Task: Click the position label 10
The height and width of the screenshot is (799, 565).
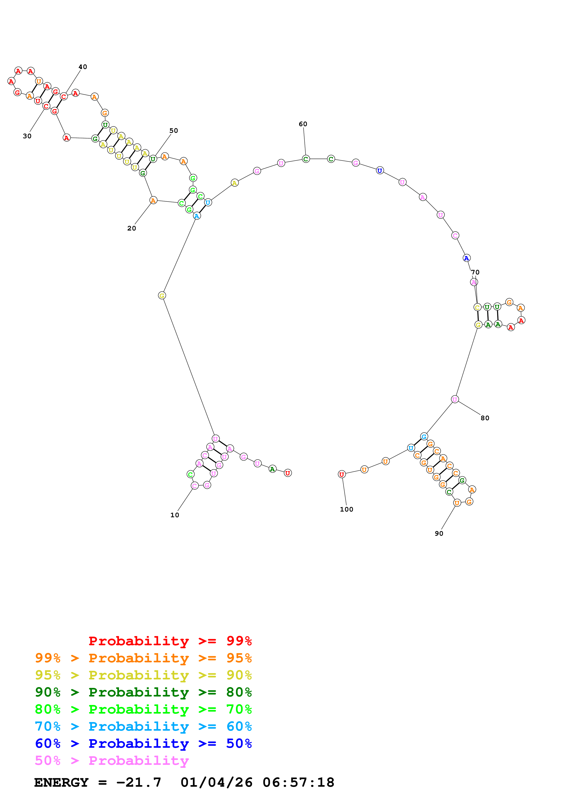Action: coord(174,515)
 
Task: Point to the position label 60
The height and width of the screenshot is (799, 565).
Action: coord(303,124)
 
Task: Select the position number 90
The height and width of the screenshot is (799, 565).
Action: coord(439,533)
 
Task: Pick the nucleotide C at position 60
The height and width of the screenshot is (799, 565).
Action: coord(306,159)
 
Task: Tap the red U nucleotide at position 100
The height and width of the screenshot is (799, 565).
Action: coord(342,474)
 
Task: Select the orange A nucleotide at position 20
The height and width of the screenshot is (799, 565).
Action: coord(153,200)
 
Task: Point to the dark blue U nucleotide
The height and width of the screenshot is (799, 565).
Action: coord(380,171)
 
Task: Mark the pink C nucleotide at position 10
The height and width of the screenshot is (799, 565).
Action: coord(195,485)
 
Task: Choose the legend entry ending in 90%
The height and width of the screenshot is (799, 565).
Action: coord(143,675)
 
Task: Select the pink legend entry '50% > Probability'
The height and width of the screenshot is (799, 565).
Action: coord(112,760)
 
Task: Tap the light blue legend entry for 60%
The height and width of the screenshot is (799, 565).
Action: coord(143,726)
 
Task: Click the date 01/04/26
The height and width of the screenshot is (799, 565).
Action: coord(217,782)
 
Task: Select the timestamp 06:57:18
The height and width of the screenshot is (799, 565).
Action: coord(298,782)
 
